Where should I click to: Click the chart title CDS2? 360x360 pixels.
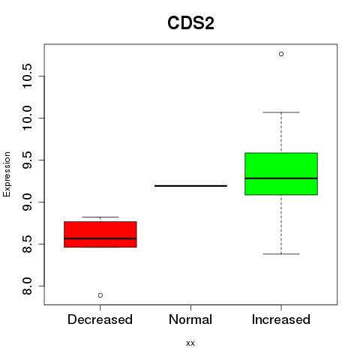[190, 23]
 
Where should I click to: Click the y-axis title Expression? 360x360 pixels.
[7, 174]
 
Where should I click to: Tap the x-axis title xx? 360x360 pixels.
[190, 343]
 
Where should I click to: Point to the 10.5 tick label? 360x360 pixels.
[26, 76]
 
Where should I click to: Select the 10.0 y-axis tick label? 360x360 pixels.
[26, 118]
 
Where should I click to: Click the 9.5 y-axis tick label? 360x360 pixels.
[26, 160]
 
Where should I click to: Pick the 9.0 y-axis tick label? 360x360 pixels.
[26, 202]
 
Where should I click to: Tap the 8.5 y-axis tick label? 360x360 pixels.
[26, 244]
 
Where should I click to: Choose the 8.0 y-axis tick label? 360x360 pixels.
[26, 286]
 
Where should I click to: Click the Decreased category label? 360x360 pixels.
[100, 319]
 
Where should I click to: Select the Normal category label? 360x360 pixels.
[190, 319]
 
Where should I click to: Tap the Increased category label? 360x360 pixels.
[281, 319]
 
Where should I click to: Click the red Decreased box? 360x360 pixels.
[100, 234]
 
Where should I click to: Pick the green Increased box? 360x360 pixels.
[281, 174]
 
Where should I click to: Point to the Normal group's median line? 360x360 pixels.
[190, 186]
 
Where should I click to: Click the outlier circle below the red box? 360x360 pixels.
[100, 295]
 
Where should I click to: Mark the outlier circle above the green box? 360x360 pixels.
[281, 54]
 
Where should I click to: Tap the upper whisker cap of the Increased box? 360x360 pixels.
[281, 112]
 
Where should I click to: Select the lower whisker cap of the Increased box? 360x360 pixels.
[281, 254]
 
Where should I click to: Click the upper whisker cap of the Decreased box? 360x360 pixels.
[100, 217]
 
